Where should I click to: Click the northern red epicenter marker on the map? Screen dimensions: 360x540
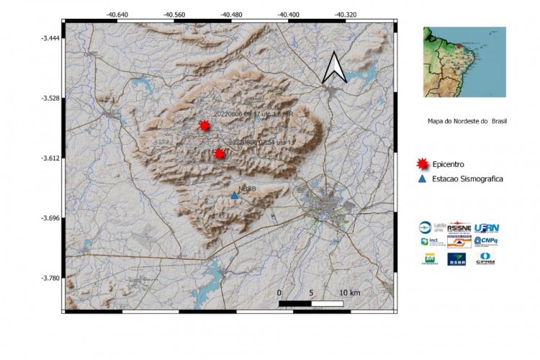tap(204, 125)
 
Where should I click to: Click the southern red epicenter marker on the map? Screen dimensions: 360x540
tap(219, 153)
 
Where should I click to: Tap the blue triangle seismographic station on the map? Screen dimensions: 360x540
tap(234, 195)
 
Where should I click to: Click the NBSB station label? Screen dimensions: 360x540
tap(247, 189)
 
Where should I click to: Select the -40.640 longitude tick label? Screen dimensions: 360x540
tap(117, 14)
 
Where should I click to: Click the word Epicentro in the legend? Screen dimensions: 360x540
tap(451, 163)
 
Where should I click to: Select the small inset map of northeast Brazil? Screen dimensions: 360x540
tap(464, 62)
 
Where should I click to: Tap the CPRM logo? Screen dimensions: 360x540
tap(486, 257)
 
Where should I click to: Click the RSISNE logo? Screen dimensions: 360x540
tap(459, 226)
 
